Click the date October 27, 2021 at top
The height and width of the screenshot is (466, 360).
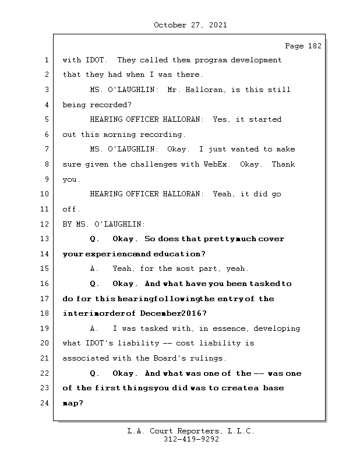coord(190,25)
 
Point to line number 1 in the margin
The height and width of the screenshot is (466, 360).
coord(47,60)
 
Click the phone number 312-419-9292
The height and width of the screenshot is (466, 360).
coord(190,440)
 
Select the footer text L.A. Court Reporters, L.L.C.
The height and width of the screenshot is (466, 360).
coord(190,431)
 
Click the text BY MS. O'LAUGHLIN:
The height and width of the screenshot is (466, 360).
coord(104,224)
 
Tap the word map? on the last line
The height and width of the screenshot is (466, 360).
coord(73,403)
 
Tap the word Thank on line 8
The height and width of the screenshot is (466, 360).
coord(283,164)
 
